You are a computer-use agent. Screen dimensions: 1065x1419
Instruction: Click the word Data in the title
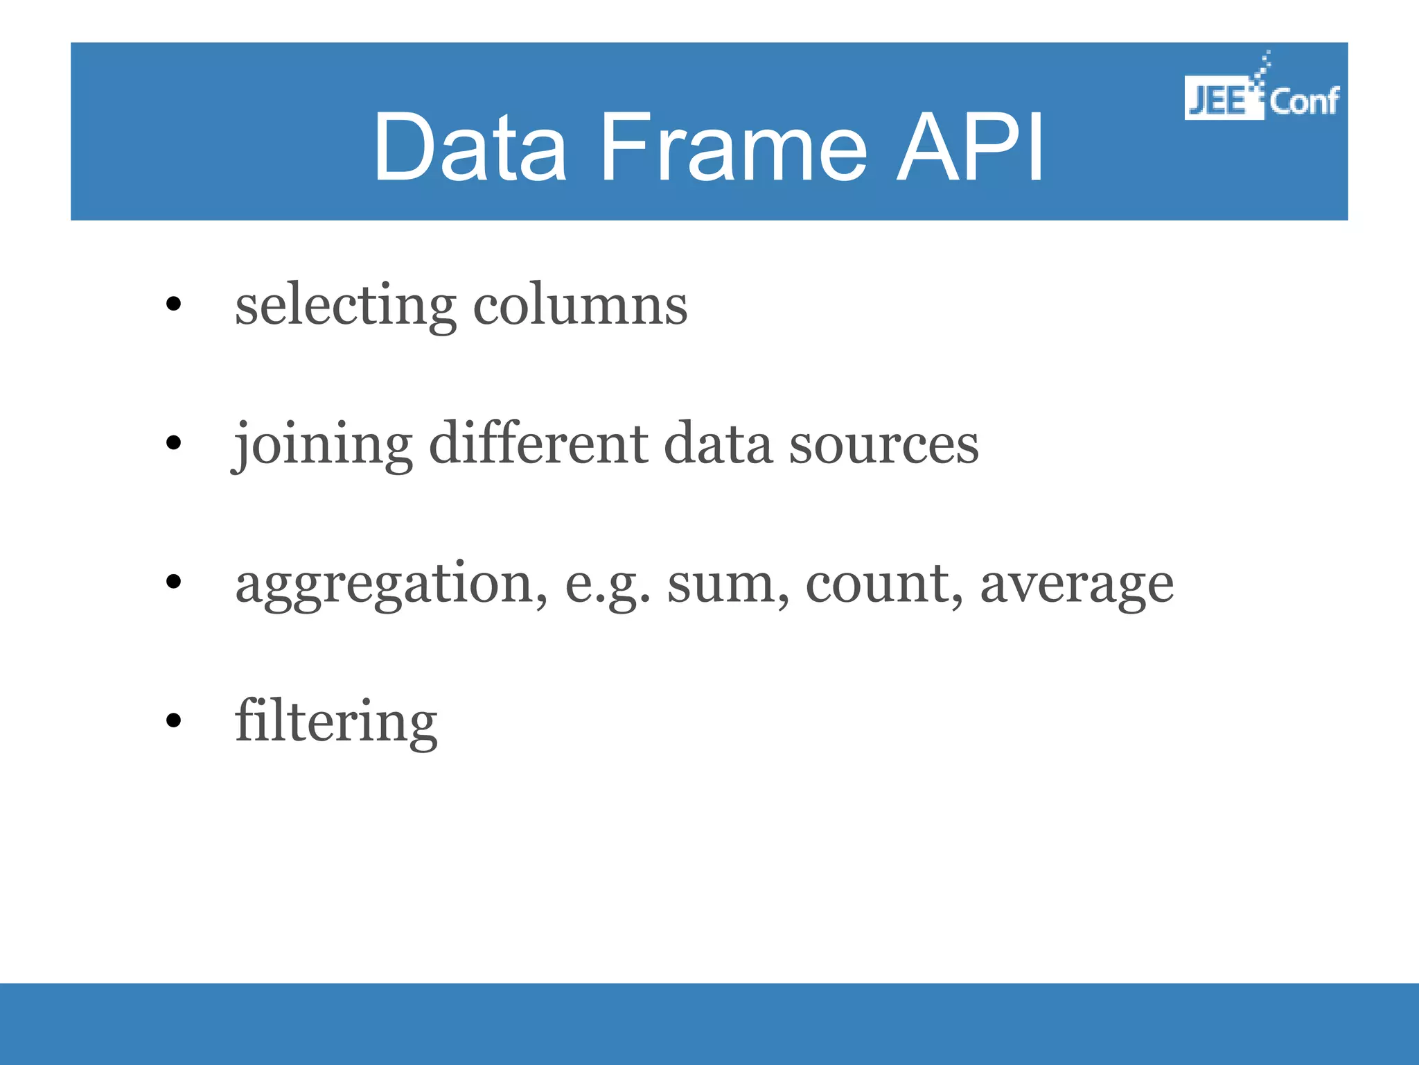[470, 147]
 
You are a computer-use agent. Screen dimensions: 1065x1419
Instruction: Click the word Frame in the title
[733, 147]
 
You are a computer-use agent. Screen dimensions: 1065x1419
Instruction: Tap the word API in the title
[970, 147]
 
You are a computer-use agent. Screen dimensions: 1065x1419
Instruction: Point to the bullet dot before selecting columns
[173, 304]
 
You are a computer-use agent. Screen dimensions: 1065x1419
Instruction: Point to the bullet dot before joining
[173, 442]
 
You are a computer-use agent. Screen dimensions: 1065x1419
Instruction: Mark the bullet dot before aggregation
[173, 582]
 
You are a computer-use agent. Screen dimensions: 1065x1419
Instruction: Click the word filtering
[336, 722]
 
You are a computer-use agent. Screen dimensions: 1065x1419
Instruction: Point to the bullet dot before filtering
[173, 720]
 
